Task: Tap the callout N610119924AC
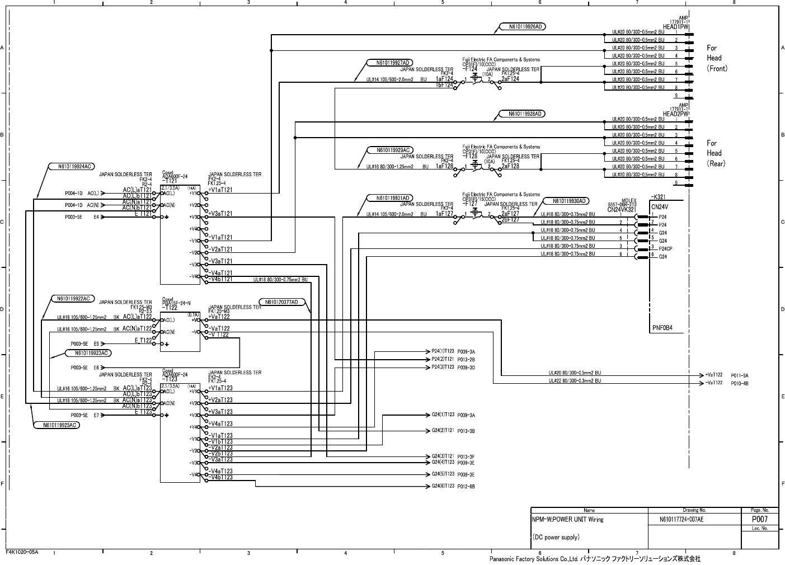tap(70, 166)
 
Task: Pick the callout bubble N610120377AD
tap(282, 302)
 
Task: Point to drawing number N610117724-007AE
tap(681, 520)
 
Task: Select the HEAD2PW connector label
tap(676, 114)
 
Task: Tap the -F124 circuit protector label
tap(470, 69)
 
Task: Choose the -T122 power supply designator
tap(170, 307)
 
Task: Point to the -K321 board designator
tap(659, 197)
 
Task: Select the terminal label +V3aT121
tap(220, 214)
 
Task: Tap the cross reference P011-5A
tap(740, 375)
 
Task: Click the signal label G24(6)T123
tap(443, 487)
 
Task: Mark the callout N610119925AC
tap(57, 425)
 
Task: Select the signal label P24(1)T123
tap(443, 351)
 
